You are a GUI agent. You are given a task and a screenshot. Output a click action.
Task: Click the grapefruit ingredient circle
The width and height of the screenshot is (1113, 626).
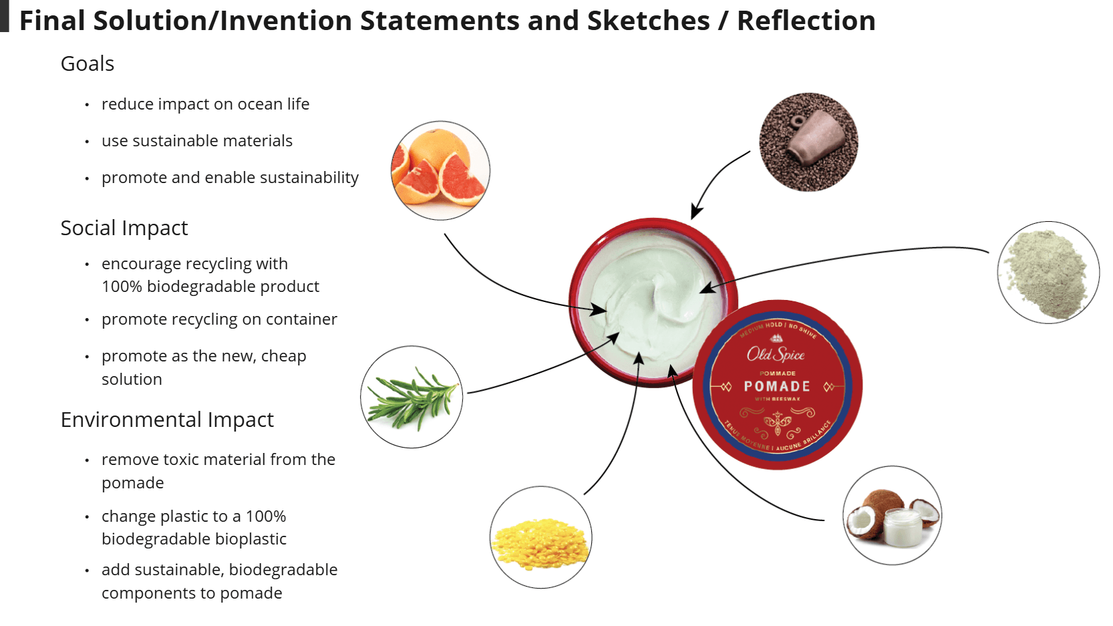[x=440, y=170]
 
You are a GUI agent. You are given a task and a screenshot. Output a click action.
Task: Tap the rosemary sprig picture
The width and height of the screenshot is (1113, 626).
[x=412, y=397]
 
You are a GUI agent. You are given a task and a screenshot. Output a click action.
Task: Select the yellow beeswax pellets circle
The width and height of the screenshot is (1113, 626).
[x=540, y=538]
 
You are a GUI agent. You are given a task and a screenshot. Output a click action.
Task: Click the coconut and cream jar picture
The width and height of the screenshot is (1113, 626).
[x=892, y=515]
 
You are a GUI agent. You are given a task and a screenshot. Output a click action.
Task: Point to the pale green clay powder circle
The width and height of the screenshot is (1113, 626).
[x=1048, y=273]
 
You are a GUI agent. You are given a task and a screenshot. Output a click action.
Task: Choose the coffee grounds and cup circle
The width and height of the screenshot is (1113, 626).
[x=808, y=142]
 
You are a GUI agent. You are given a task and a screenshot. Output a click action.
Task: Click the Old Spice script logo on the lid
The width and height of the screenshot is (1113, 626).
[x=776, y=354]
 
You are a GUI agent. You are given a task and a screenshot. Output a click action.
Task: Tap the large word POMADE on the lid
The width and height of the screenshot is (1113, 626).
[x=777, y=387]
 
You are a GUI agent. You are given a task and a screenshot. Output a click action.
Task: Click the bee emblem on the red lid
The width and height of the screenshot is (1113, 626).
[x=778, y=422]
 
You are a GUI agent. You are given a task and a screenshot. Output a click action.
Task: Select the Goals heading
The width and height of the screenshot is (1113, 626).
[x=88, y=64]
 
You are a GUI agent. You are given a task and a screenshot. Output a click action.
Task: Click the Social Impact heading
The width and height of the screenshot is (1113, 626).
[x=124, y=228]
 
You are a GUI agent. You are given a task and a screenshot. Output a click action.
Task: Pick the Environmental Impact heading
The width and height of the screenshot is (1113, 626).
[x=167, y=420]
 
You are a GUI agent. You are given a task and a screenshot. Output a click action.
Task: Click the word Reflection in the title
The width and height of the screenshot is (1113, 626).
[x=806, y=21]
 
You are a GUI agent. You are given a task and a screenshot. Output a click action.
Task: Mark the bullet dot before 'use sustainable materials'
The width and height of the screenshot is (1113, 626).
[x=87, y=142]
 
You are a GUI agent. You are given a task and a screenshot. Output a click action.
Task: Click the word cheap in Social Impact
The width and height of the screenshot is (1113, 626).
[x=283, y=356]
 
